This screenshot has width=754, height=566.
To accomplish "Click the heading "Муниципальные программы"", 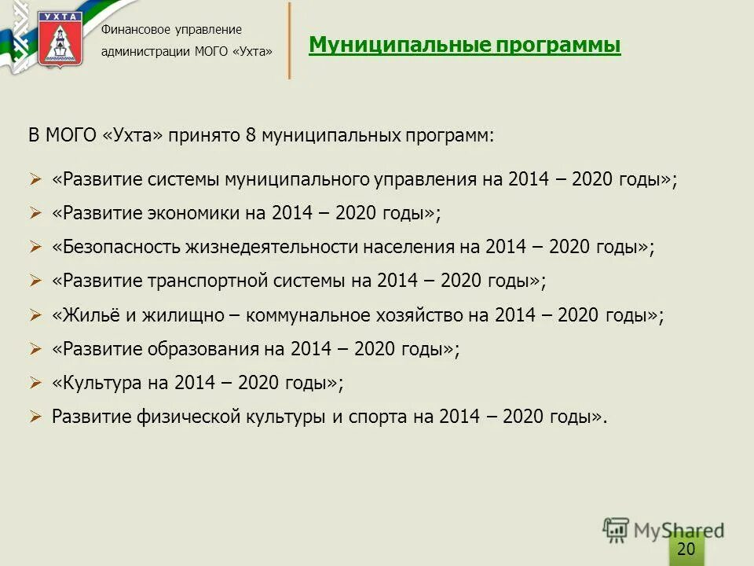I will (x=464, y=46).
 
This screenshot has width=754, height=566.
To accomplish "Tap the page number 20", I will (x=686, y=549).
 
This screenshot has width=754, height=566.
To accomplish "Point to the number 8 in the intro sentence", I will (x=251, y=135).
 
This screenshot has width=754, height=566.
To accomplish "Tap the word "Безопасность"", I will (x=118, y=247).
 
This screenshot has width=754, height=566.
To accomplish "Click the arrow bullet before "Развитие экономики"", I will (x=35, y=213).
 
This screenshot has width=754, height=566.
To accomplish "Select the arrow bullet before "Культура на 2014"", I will (x=35, y=383).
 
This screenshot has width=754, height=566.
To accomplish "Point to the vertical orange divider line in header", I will (x=290, y=41).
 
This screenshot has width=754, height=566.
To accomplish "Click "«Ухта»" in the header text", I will (x=251, y=52).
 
